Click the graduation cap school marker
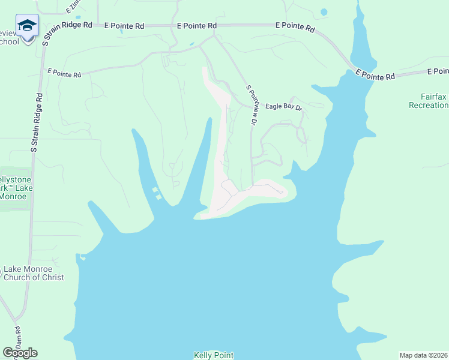(27, 25)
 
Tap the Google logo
(20, 353)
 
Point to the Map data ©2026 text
(423, 355)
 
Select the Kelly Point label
(213, 355)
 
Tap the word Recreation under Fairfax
(429, 105)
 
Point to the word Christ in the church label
(50, 278)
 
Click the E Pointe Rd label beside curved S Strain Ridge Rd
(124, 26)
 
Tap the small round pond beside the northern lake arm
(324, 11)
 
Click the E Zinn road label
(73, 8)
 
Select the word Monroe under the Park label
(13, 196)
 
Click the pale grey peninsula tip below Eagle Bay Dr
(282, 191)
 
